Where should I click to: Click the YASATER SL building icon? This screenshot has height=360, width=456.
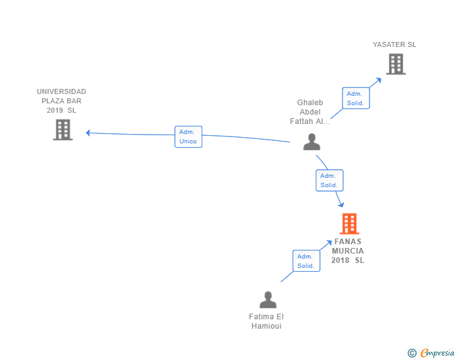pyautogui.click(x=395, y=64)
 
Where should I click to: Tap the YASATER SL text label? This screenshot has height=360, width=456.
pyautogui.click(x=395, y=44)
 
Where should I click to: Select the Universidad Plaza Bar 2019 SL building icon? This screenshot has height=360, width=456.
pyautogui.click(x=63, y=130)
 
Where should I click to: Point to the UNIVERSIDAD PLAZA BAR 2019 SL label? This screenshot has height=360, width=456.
pyautogui.click(x=61, y=101)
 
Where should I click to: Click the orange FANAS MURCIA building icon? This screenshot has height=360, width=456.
pyautogui.click(x=349, y=224)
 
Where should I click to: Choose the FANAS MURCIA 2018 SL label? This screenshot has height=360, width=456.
pyautogui.click(x=348, y=250)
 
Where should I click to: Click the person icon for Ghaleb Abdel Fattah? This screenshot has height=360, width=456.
pyautogui.click(x=311, y=142)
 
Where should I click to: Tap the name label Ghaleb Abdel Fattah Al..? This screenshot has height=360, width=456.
pyautogui.click(x=310, y=112)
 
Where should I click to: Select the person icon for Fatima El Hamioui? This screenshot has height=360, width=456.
pyautogui.click(x=268, y=300)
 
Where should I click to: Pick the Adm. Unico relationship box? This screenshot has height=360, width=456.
pyautogui.click(x=188, y=136)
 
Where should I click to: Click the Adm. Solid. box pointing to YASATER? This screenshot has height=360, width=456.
pyautogui.click(x=355, y=98)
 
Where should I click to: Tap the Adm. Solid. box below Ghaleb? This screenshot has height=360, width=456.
pyautogui.click(x=329, y=180)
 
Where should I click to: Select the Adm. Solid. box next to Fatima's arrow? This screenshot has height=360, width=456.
pyautogui.click(x=306, y=261)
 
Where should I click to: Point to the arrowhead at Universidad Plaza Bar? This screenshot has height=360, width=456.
pyautogui.click(x=88, y=132)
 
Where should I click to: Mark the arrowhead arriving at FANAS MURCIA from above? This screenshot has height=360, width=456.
pyautogui.click(x=341, y=204)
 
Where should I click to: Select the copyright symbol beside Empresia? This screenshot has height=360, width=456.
pyautogui.click(x=412, y=353)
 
